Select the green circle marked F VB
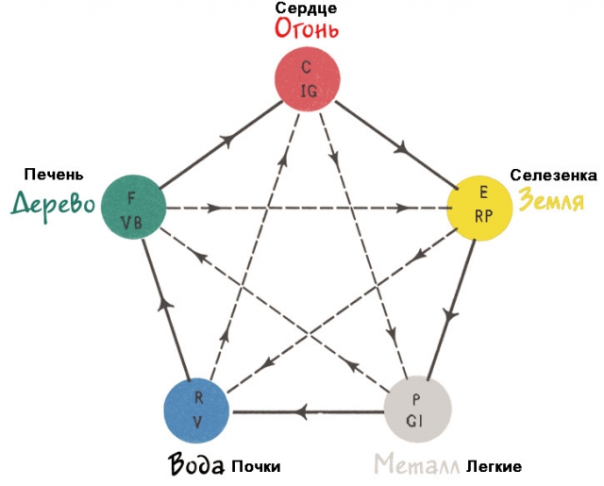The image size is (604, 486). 133,208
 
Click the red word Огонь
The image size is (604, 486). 307,27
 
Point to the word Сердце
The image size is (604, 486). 307,8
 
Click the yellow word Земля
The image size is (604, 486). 550,200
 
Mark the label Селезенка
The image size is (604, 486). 553,176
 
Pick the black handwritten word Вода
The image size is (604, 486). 197,465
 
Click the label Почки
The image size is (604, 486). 256,467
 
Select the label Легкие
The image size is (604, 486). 493,467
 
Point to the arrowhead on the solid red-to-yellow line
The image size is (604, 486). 403,147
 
